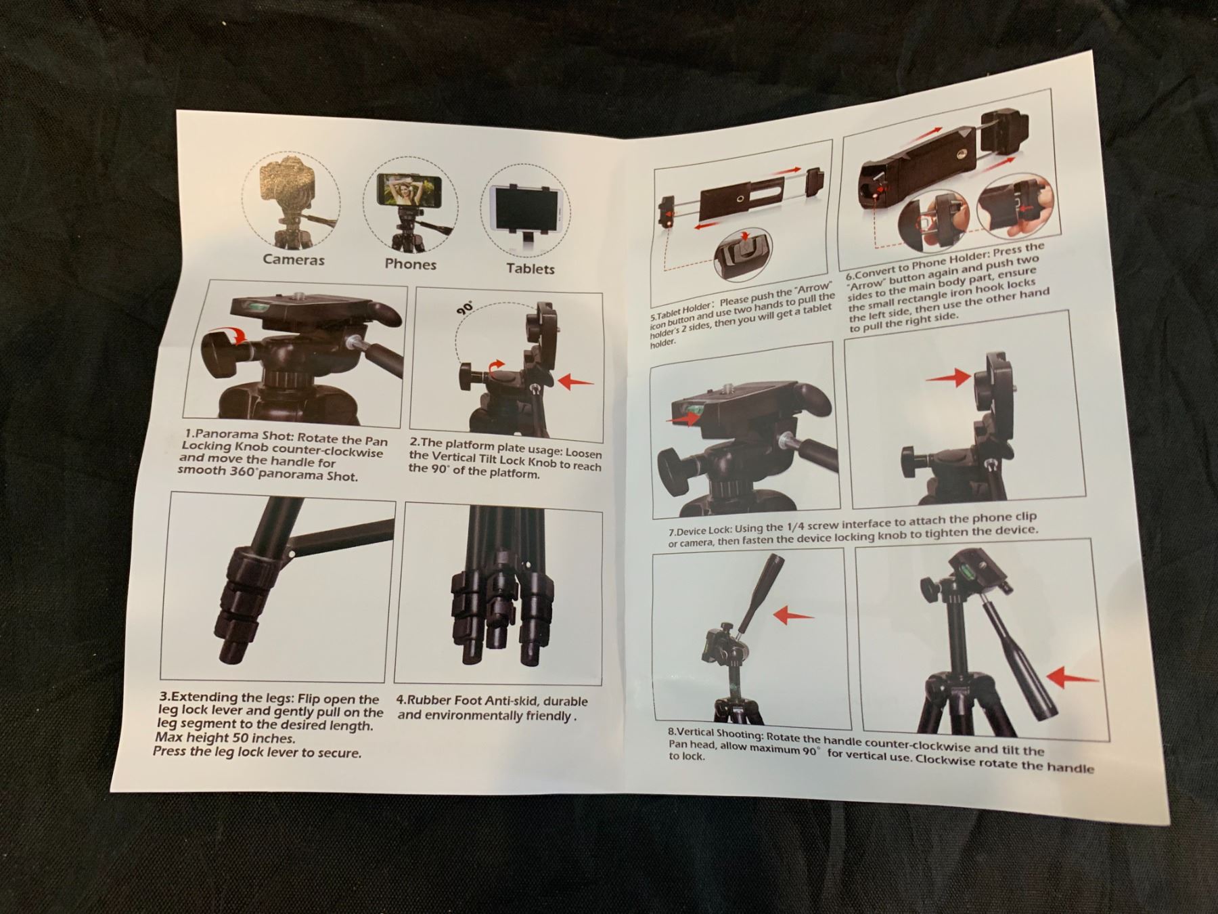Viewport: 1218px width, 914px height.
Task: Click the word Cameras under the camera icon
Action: [x=294, y=260]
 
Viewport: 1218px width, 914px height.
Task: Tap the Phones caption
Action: [x=410, y=264]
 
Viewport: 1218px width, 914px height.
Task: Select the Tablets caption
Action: [x=531, y=269]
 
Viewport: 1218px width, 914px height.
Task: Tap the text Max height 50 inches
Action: [x=225, y=738]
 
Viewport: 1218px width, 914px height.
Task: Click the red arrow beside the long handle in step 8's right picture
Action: [x=1073, y=676]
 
